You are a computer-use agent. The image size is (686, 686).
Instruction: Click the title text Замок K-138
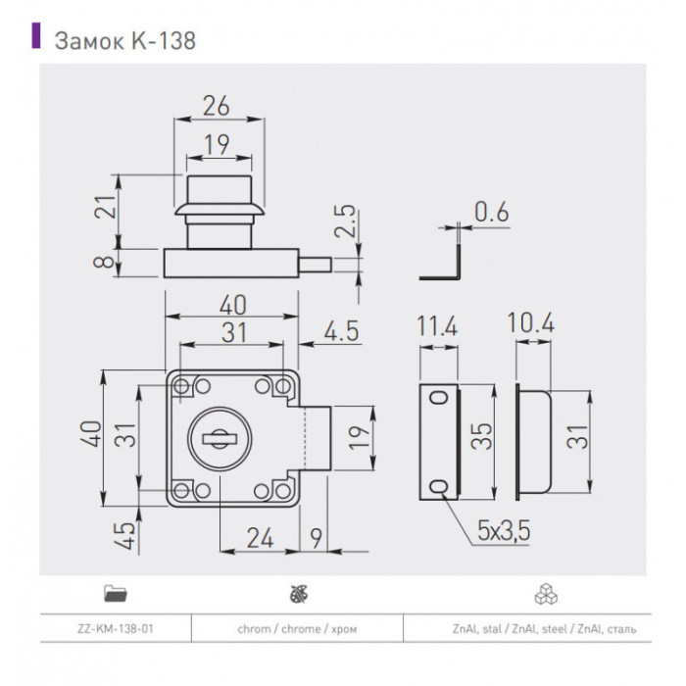[x=125, y=41]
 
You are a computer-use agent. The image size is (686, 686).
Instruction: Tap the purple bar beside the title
[x=36, y=35]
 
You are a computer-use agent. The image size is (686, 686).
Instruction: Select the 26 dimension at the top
[x=217, y=106]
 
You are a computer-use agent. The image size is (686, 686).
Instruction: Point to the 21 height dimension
[x=106, y=206]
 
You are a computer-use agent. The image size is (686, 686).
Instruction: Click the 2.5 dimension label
[x=345, y=220]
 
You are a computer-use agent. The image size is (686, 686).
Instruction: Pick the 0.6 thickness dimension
[x=492, y=212]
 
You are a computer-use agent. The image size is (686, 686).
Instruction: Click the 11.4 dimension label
[x=437, y=325]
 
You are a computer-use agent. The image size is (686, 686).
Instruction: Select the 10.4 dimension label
[x=531, y=323]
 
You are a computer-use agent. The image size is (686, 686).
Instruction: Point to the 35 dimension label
[x=482, y=436]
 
